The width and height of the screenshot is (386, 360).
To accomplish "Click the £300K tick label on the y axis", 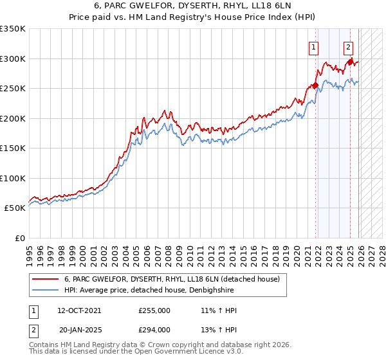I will coord(13,59).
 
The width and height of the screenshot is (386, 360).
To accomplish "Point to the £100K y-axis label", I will coord(13,178).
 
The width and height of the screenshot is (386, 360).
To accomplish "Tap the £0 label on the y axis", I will coord(19,239).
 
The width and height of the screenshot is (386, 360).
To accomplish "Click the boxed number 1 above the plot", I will coord(313,46).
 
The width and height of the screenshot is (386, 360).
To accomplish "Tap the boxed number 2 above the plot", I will coord(348,46).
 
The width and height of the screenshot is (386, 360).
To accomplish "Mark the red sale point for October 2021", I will coord(316,85).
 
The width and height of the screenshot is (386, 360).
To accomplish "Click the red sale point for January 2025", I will coord(351,62).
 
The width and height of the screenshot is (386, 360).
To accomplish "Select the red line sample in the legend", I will coord(45,279).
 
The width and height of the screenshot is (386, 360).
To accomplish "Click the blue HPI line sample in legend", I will coord(45,291).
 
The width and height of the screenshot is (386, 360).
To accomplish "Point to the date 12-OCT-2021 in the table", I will coord(79,310).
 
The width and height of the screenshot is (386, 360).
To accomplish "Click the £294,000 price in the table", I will coord(154,330).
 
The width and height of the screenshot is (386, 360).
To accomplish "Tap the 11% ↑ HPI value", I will coord(219,310).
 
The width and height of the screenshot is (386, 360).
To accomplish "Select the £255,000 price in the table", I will coord(154,310).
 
